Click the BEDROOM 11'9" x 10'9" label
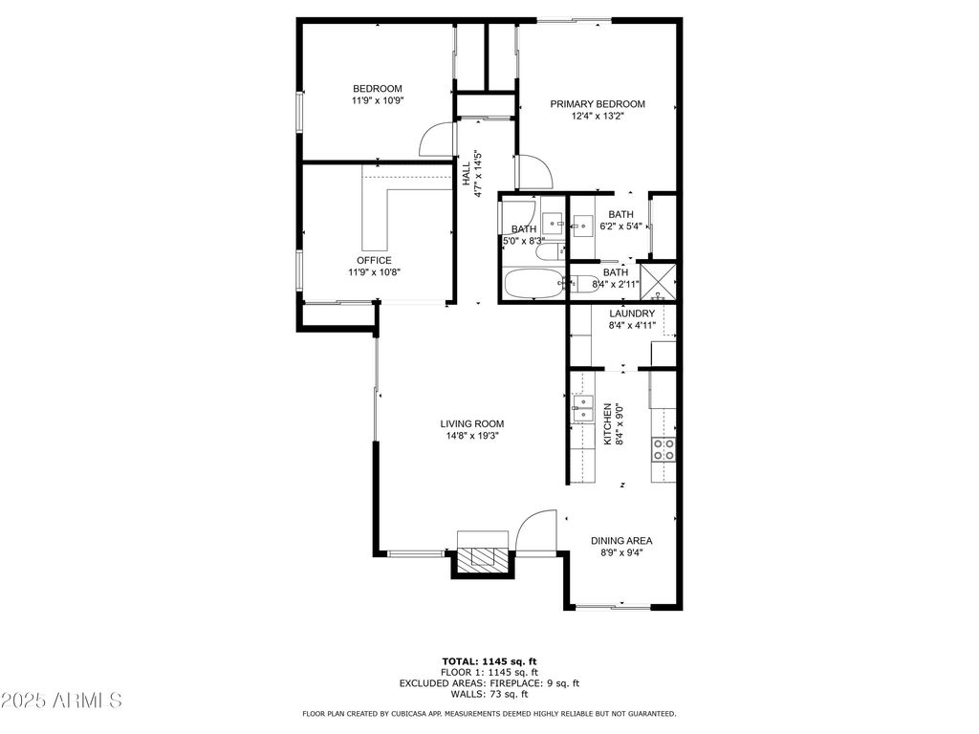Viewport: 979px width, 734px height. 378,95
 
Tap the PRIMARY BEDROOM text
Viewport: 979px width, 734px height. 598,104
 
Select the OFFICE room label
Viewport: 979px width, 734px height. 374,260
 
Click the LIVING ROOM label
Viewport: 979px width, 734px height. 472,423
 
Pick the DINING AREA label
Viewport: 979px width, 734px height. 621,541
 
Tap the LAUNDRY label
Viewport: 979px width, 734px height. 632,313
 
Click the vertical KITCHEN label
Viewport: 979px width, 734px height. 607,423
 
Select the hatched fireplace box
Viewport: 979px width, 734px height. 481,558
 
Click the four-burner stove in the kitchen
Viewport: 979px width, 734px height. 664,449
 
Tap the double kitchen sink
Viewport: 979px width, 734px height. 582,408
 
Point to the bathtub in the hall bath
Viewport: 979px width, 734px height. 533,284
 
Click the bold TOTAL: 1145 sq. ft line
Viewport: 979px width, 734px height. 489,661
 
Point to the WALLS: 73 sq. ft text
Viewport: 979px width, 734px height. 489,694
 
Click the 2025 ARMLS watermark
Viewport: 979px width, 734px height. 61,700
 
